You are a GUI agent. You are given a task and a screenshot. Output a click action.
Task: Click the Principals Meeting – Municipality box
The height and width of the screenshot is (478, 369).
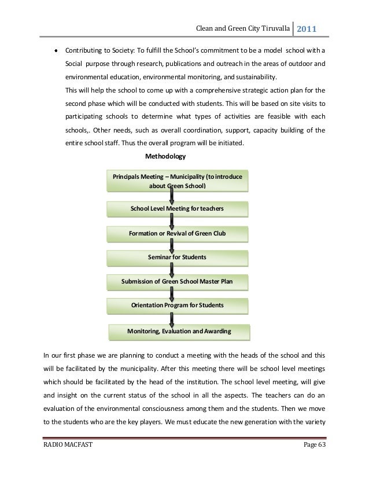pos(178,181)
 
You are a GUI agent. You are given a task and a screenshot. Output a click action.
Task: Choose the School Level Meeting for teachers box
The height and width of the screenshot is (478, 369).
pos(178,208)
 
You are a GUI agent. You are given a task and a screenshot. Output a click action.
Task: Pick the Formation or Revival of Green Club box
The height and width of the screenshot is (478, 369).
pos(178,234)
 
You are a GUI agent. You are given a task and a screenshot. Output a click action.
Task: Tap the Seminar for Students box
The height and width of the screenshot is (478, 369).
pos(178,256)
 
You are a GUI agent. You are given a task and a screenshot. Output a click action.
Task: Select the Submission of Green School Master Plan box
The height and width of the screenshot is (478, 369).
pos(178,282)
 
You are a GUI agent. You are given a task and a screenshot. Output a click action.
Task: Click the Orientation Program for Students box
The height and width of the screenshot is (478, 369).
pos(178,304)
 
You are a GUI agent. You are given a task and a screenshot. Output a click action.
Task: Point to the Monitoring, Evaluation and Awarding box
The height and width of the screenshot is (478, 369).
pos(179,332)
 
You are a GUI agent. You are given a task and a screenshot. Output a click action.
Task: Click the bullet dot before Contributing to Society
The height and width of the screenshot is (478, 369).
pos(56,50)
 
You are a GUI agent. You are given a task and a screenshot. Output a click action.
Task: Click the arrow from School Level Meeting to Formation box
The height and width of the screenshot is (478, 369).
pos(171,220)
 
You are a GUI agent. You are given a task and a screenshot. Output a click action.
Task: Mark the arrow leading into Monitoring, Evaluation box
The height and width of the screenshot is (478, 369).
pos(171,318)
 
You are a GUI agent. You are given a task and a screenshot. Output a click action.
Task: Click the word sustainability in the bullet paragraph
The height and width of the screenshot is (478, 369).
pos(252,76)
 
